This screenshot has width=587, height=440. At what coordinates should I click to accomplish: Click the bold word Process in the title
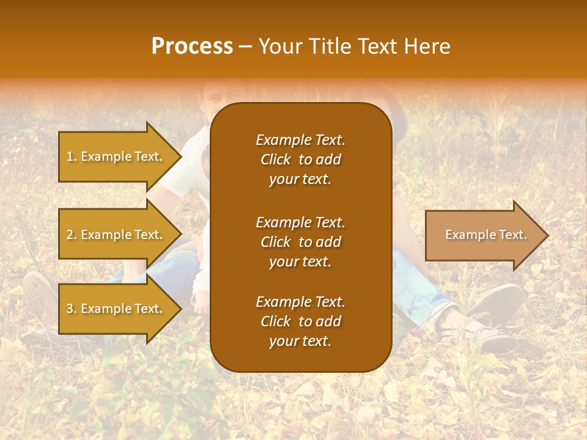coord(192,46)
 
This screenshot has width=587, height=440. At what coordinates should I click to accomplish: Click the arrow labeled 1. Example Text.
coord(116,156)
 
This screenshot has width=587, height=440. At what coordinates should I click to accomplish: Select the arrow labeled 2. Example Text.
coord(116,235)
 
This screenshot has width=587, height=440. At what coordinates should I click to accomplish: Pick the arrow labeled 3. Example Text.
coord(116,309)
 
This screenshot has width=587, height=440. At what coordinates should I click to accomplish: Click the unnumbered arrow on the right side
coord(483,235)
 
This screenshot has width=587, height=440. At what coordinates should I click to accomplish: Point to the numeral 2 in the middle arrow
coord(70,235)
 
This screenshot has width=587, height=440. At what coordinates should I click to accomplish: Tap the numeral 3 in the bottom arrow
coord(70,309)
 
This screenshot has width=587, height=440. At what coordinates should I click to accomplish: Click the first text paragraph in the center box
coord(300,159)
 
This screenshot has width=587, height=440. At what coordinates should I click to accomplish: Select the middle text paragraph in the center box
coord(300,242)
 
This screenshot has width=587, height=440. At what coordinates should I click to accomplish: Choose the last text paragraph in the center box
coord(300,321)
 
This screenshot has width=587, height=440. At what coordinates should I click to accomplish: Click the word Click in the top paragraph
coord(275,159)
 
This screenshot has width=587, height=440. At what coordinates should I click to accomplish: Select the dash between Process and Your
coord(246,46)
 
